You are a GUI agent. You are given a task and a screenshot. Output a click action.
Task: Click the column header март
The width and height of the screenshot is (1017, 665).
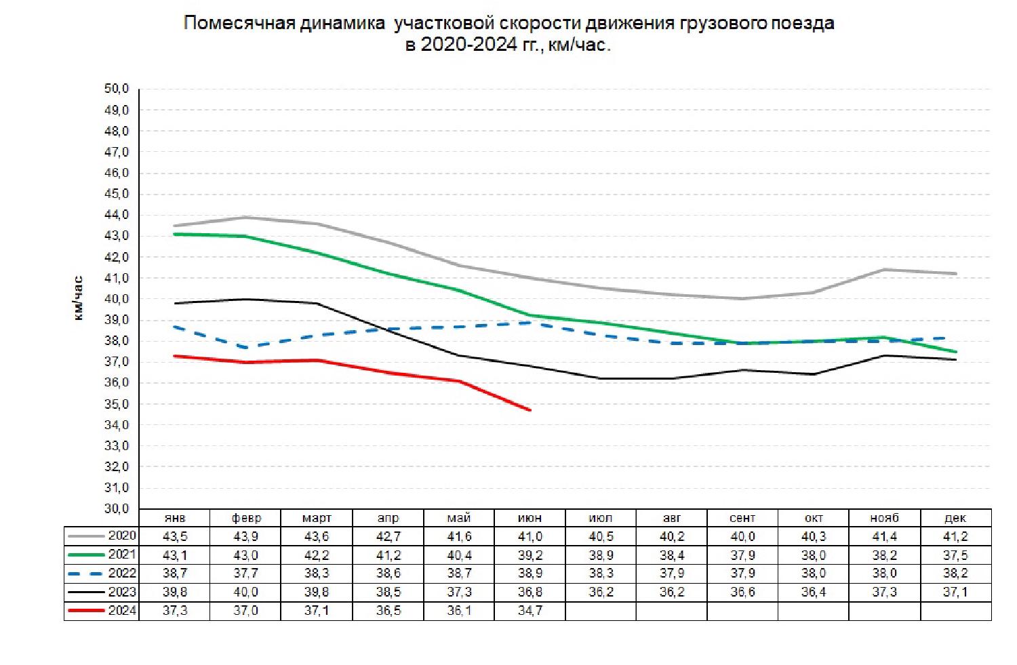tap(317, 518)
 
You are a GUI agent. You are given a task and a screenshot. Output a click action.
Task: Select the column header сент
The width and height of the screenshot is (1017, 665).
tap(742, 518)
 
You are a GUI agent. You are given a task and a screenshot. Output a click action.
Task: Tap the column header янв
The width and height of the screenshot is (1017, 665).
tap(175, 518)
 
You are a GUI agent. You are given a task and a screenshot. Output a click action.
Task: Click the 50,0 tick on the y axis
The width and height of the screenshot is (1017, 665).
tap(117, 89)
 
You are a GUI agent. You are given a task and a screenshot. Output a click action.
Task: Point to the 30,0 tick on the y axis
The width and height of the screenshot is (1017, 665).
tap(117, 508)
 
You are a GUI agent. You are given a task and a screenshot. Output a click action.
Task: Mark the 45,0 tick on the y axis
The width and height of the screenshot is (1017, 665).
tap(117, 194)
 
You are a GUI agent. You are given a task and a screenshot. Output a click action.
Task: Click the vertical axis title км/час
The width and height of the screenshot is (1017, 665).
tap(79, 298)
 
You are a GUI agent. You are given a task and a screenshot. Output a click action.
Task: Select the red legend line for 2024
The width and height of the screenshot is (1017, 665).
tap(87, 611)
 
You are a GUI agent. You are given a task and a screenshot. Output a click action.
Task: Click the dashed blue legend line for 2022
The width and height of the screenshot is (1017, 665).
tap(87, 573)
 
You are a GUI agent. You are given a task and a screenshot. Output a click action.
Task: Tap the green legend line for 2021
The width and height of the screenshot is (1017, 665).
tap(87, 555)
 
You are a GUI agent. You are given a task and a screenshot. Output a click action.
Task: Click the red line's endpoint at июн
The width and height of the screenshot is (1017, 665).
tap(530, 410)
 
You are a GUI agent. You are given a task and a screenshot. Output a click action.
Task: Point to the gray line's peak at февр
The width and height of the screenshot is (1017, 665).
tap(246, 218)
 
